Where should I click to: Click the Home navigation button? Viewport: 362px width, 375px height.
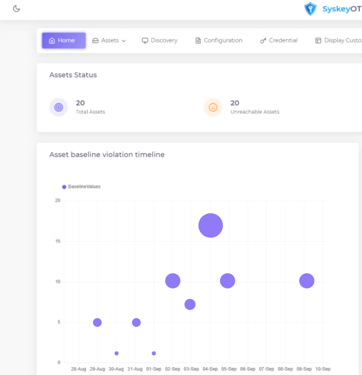(x=63, y=41)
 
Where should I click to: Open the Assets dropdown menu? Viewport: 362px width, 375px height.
(x=109, y=41)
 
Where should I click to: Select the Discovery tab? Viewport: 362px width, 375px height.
(x=160, y=41)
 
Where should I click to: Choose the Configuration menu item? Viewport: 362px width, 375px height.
(x=219, y=41)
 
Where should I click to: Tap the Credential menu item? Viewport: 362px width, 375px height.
(x=279, y=41)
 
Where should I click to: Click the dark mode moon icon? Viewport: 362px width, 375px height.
(x=16, y=8)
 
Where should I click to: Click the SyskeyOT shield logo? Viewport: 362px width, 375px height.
(x=310, y=8)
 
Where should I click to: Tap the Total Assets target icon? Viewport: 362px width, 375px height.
(x=59, y=107)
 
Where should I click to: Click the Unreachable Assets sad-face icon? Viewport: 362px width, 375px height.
(x=213, y=107)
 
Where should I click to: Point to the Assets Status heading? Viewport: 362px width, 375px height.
(x=73, y=75)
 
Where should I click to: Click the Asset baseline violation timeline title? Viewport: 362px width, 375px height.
(x=107, y=154)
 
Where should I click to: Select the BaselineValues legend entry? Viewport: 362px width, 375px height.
(x=81, y=187)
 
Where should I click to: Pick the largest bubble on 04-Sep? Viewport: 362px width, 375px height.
(x=210, y=226)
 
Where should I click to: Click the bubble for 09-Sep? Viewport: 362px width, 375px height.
(x=307, y=281)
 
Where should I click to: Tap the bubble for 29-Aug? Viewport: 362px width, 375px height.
(x=97, y=322)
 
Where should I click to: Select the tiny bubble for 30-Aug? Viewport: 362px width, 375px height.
(x=117, y=354)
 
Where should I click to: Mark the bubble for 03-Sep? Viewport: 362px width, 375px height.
(x=190, y=304)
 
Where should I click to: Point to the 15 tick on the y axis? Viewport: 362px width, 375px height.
(x=58, y=241)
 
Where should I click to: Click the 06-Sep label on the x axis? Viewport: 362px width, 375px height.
(x=248, y=369)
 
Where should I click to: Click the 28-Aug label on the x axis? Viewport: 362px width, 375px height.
(x=79, y=369)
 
